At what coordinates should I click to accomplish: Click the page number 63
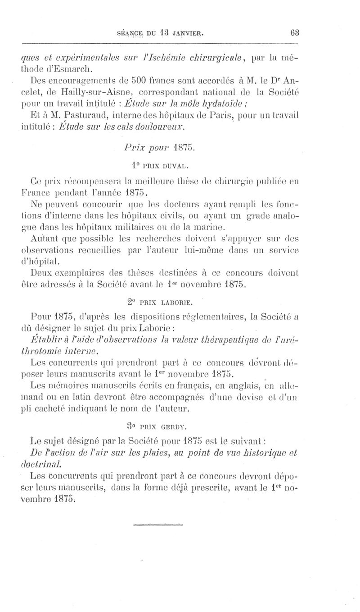(x=295, y=33)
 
